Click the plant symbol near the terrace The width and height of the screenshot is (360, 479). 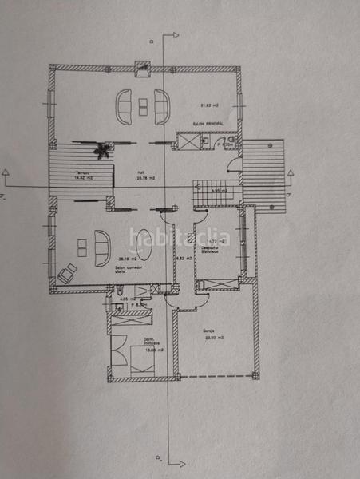[102, 149]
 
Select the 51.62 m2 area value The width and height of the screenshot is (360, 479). [209, 105]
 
